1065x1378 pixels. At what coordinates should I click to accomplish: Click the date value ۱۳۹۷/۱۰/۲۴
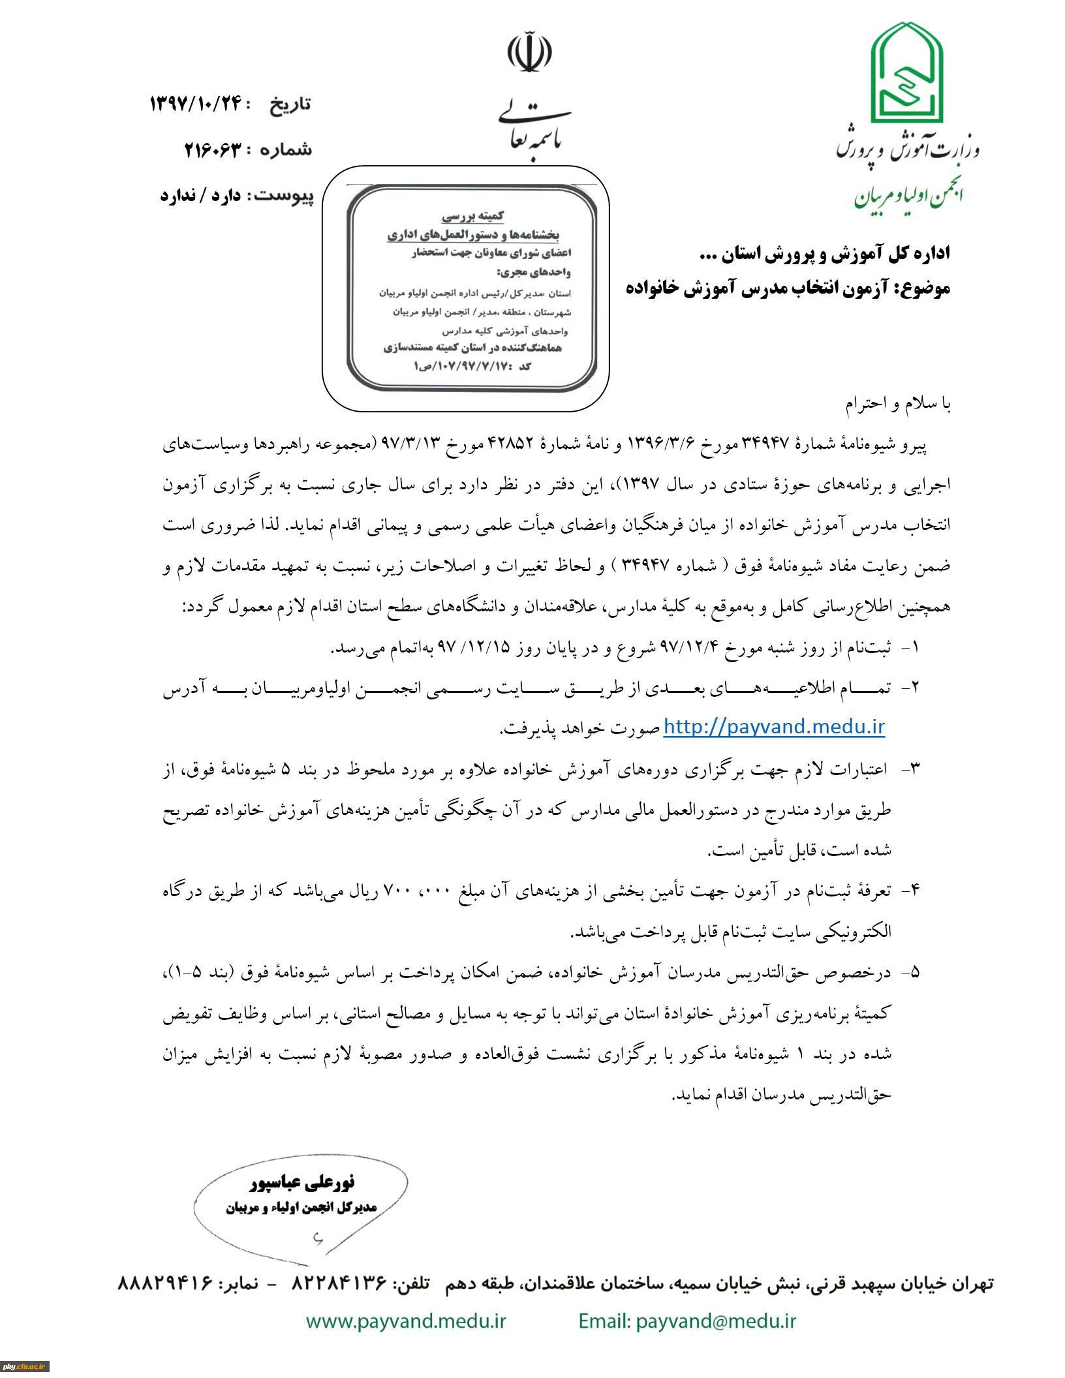[x=196, y=103]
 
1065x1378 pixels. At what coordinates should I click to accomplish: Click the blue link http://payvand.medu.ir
[x=774, y=726]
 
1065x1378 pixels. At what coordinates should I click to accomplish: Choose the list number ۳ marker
[x=914, y=769]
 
